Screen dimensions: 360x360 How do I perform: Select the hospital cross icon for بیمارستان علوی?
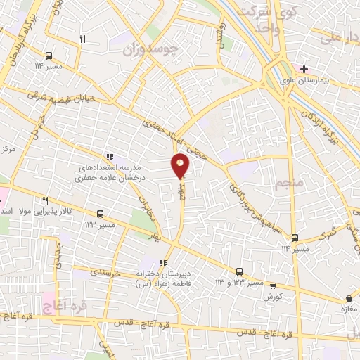304,69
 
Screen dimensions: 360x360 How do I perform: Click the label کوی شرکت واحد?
259,14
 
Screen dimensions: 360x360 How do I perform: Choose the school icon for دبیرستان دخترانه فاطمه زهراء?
162,264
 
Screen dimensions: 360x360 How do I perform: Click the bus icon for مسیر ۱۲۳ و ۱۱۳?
239,271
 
